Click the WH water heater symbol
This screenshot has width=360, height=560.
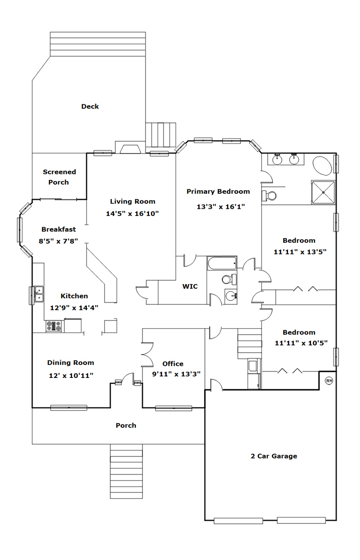click(329, 381)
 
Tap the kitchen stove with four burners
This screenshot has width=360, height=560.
click(54, 326)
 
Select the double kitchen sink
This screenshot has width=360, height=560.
click(39, 294)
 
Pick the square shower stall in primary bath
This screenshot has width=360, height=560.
click(323, 192)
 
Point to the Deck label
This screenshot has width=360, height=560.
click(90, 106)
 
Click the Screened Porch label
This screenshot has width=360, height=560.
click(59, 177)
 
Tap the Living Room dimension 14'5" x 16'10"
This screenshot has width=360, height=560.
click(133, 214)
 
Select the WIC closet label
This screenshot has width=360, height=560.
click(190, 286)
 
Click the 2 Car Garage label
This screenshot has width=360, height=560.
click(274, 456)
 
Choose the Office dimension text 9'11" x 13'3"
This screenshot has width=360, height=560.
click(176, 374)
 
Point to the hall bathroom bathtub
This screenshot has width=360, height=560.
click(222, 263)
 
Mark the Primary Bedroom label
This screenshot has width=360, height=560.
click(218, 192)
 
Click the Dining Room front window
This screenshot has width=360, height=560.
click(69, 408)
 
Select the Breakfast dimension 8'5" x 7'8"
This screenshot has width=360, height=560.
click(59, 241)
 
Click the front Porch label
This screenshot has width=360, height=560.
click(126, 426)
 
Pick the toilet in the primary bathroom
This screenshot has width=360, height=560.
click(269, 195)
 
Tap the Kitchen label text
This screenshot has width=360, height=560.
click(74, 296)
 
